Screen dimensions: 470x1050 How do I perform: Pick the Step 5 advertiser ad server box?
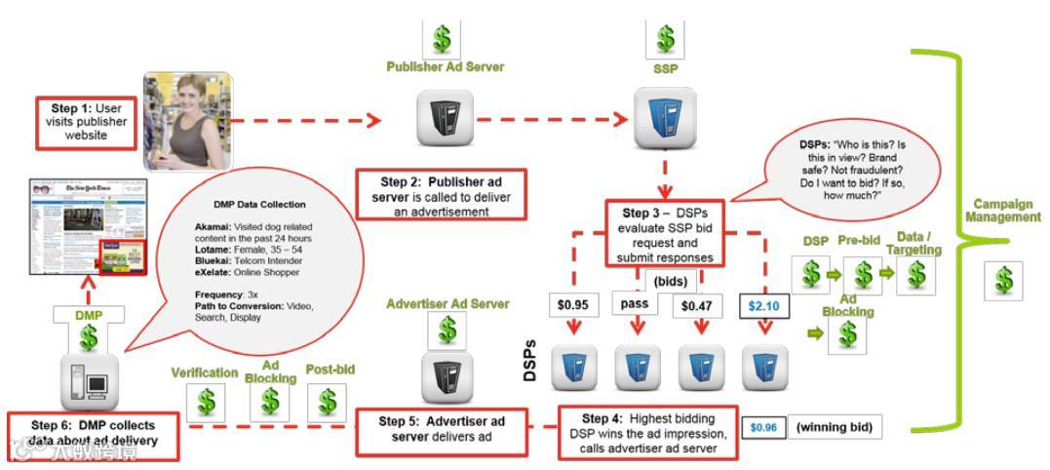[442, 430]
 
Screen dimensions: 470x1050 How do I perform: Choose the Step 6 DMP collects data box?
[95, 435]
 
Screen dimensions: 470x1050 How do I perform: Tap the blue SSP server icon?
[665, 116]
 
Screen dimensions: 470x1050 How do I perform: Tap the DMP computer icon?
[90, 383]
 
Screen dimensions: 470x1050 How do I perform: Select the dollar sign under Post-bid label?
[328, 401]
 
